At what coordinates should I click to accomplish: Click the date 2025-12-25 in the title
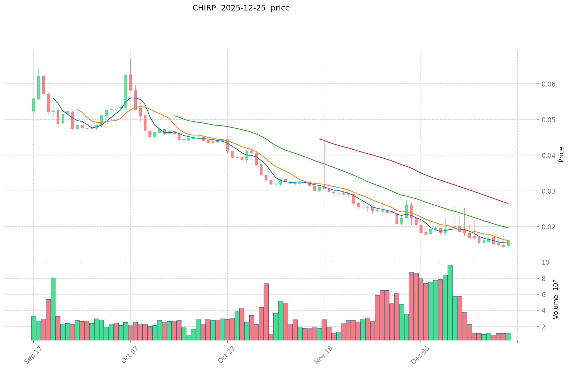pos(241,8)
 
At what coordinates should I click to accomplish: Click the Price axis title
pos(561,155)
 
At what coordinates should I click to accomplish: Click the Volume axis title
pos(555,299)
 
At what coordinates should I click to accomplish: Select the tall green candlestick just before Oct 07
pos(126,91)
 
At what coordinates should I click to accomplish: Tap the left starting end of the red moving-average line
pos(319,139)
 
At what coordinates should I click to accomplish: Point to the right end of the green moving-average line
pos(508,227)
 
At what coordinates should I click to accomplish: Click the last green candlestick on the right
pos(508,243)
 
